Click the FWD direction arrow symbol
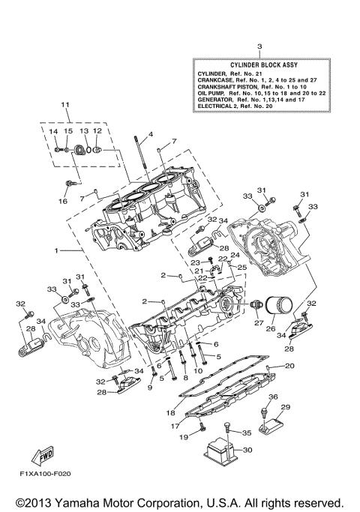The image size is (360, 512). (37, 454)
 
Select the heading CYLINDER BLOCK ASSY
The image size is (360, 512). (259, 65)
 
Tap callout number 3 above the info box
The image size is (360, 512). (259, 47)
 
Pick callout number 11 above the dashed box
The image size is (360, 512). (65, 104)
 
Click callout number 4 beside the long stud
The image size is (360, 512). (150, 134)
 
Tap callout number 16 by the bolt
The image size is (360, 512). (63, 201)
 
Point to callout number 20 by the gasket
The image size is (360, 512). (289, 367)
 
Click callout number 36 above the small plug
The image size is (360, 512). (273, 397)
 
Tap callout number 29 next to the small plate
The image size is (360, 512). (285, 407)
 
